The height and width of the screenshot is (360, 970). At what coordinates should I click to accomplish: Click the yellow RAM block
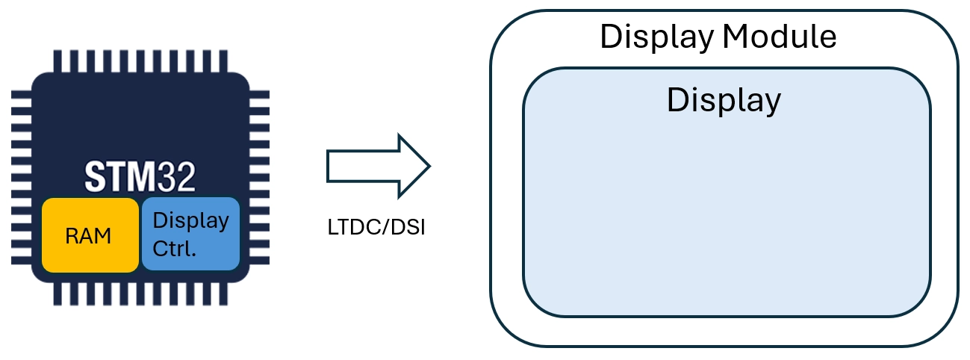coord(90,235)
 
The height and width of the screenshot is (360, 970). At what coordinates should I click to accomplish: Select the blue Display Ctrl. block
coord(190,234)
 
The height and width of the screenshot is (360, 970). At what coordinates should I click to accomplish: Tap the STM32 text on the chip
coord(140,177)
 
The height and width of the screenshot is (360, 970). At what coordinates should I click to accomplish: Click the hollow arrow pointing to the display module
coord(378,164)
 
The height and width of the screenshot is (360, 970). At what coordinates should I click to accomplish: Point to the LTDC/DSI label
coord(376,228)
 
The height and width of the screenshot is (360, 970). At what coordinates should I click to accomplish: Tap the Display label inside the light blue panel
coord(724,99)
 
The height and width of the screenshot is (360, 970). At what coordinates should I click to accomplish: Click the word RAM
coord(88,236)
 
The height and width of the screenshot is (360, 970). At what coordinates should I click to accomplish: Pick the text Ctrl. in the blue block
coord(174,248)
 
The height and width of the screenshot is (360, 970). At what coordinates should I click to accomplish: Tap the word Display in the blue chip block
coord(190,221)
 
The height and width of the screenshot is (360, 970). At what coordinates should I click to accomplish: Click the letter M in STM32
coord(144,177)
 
